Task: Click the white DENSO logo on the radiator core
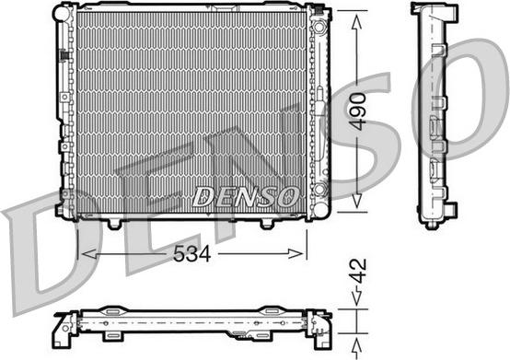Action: (246, 195)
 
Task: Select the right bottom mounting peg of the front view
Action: (266, 224)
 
